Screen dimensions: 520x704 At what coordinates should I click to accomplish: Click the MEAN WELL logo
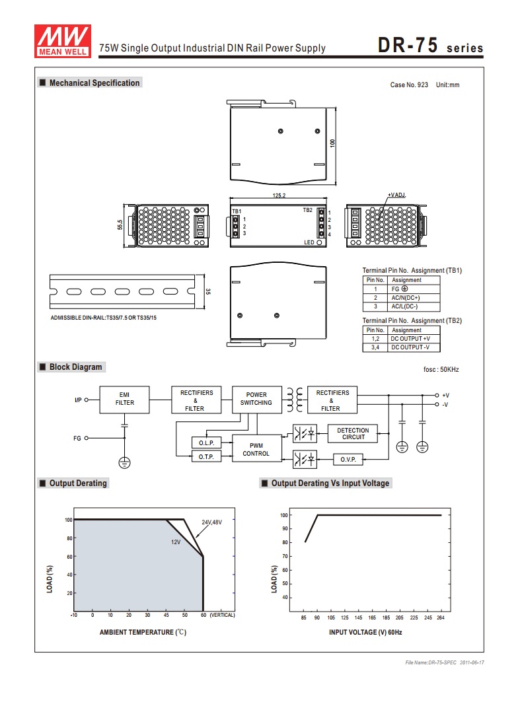[x=63, y=41]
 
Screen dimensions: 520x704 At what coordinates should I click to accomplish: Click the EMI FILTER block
[x=124, y=399]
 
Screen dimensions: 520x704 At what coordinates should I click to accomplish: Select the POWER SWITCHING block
[x=256, y=399]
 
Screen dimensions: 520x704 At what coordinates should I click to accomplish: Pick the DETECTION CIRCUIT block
[x=353, y=434]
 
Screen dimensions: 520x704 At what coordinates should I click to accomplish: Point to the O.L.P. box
[x=207, y=442]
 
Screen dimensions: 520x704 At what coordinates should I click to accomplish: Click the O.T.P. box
[x=207, y=456]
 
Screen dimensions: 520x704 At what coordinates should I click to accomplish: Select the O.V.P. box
[x=348, y=459]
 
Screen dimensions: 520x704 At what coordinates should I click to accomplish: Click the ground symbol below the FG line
[x=124, y=462]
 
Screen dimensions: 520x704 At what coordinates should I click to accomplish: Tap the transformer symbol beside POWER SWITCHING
[x=295, y=400]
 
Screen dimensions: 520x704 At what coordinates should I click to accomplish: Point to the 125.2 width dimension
[x=279, y=195]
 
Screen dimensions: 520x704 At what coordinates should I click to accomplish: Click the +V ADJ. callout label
[x=397, y=195]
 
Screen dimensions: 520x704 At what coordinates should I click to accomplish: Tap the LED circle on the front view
[x=319, y=242]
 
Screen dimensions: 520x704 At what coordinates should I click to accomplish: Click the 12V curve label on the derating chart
[x=176, y=542]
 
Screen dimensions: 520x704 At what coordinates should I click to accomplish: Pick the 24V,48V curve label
[x=211, y=522]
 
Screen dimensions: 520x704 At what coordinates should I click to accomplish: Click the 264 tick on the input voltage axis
[x=441, y=617]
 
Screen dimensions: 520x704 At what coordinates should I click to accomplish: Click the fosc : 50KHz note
[x=441, y=370]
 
